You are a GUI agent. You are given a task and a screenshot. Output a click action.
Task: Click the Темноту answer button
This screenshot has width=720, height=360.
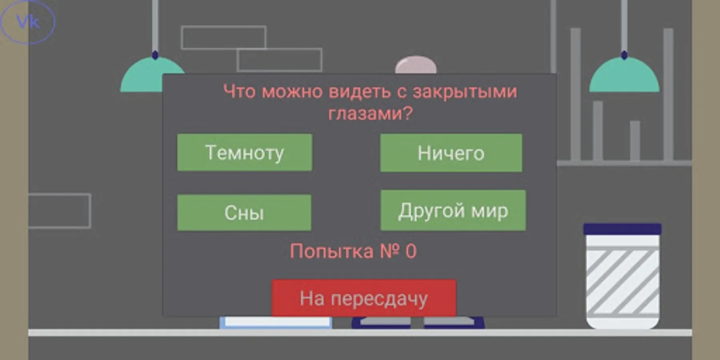click(244, 152)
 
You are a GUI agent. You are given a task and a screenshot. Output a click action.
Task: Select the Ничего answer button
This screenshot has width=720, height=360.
click(451, 153)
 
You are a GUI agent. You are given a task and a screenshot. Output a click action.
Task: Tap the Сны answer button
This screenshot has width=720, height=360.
click(244, 212)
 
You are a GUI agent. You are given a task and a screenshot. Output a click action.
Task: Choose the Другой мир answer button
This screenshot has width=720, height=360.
click(453, 210)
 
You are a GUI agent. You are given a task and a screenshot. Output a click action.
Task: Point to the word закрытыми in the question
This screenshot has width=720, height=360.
click(465, 92)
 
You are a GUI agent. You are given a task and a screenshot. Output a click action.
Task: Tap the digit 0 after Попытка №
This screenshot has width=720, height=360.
click(411, 252)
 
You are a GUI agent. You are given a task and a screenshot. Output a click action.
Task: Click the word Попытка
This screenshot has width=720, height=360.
click(332, 252)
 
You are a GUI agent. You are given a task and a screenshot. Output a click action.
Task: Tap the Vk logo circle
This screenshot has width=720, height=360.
click(27, 22)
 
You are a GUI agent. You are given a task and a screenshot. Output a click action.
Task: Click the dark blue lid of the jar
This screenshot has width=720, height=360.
click(622, 229)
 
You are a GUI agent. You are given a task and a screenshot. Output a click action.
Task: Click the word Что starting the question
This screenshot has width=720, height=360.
click(239, 92)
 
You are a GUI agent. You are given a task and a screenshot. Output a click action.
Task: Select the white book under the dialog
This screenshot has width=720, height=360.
click(276, 322)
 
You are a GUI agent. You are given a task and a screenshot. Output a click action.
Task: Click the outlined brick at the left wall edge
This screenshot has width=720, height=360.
click(60, 211)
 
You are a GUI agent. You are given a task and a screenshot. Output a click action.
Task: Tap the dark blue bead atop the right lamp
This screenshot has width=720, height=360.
click(624, 55)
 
